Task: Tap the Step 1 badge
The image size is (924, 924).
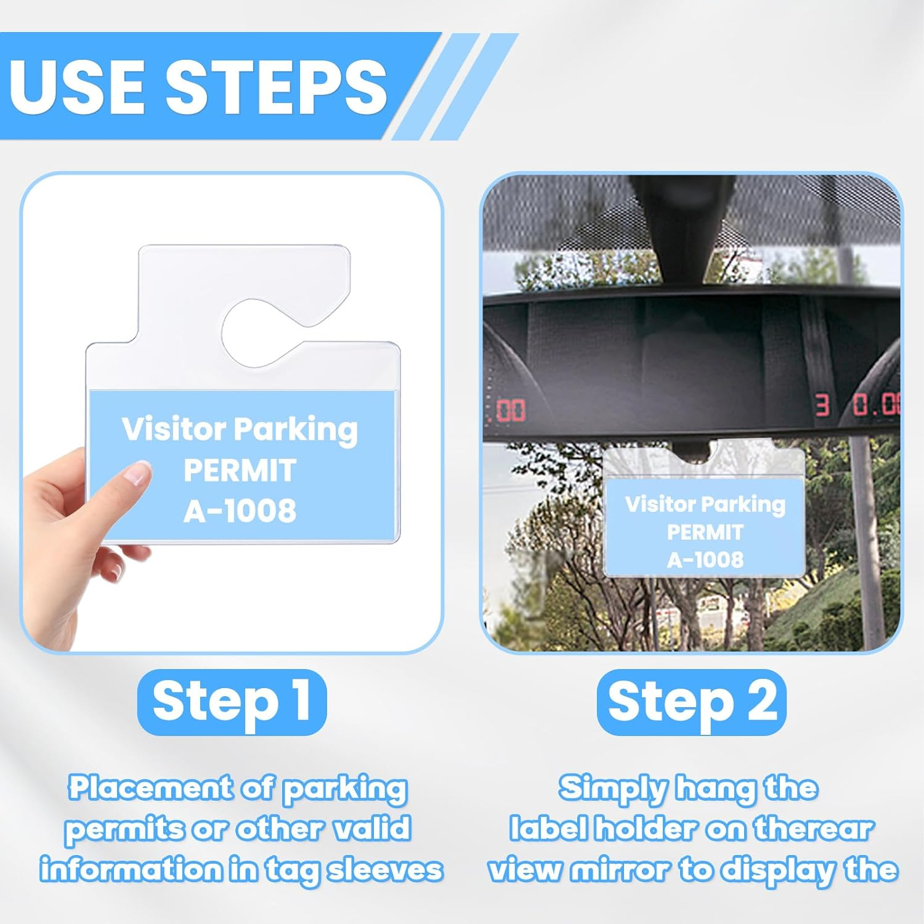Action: pos(232,702)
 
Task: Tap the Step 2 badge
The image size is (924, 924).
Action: pos(692,702)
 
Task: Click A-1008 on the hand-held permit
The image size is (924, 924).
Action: pos(240,511)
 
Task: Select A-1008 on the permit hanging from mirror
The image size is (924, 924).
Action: pos(705,559)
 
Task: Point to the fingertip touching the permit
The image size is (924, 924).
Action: pos(137,474)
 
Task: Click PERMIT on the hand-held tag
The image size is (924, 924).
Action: pos(240,471)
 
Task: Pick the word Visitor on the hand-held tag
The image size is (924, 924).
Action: pos(172,429)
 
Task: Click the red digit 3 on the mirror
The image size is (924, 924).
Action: pos(822,406)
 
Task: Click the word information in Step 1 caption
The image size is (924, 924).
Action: pos(131,870)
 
